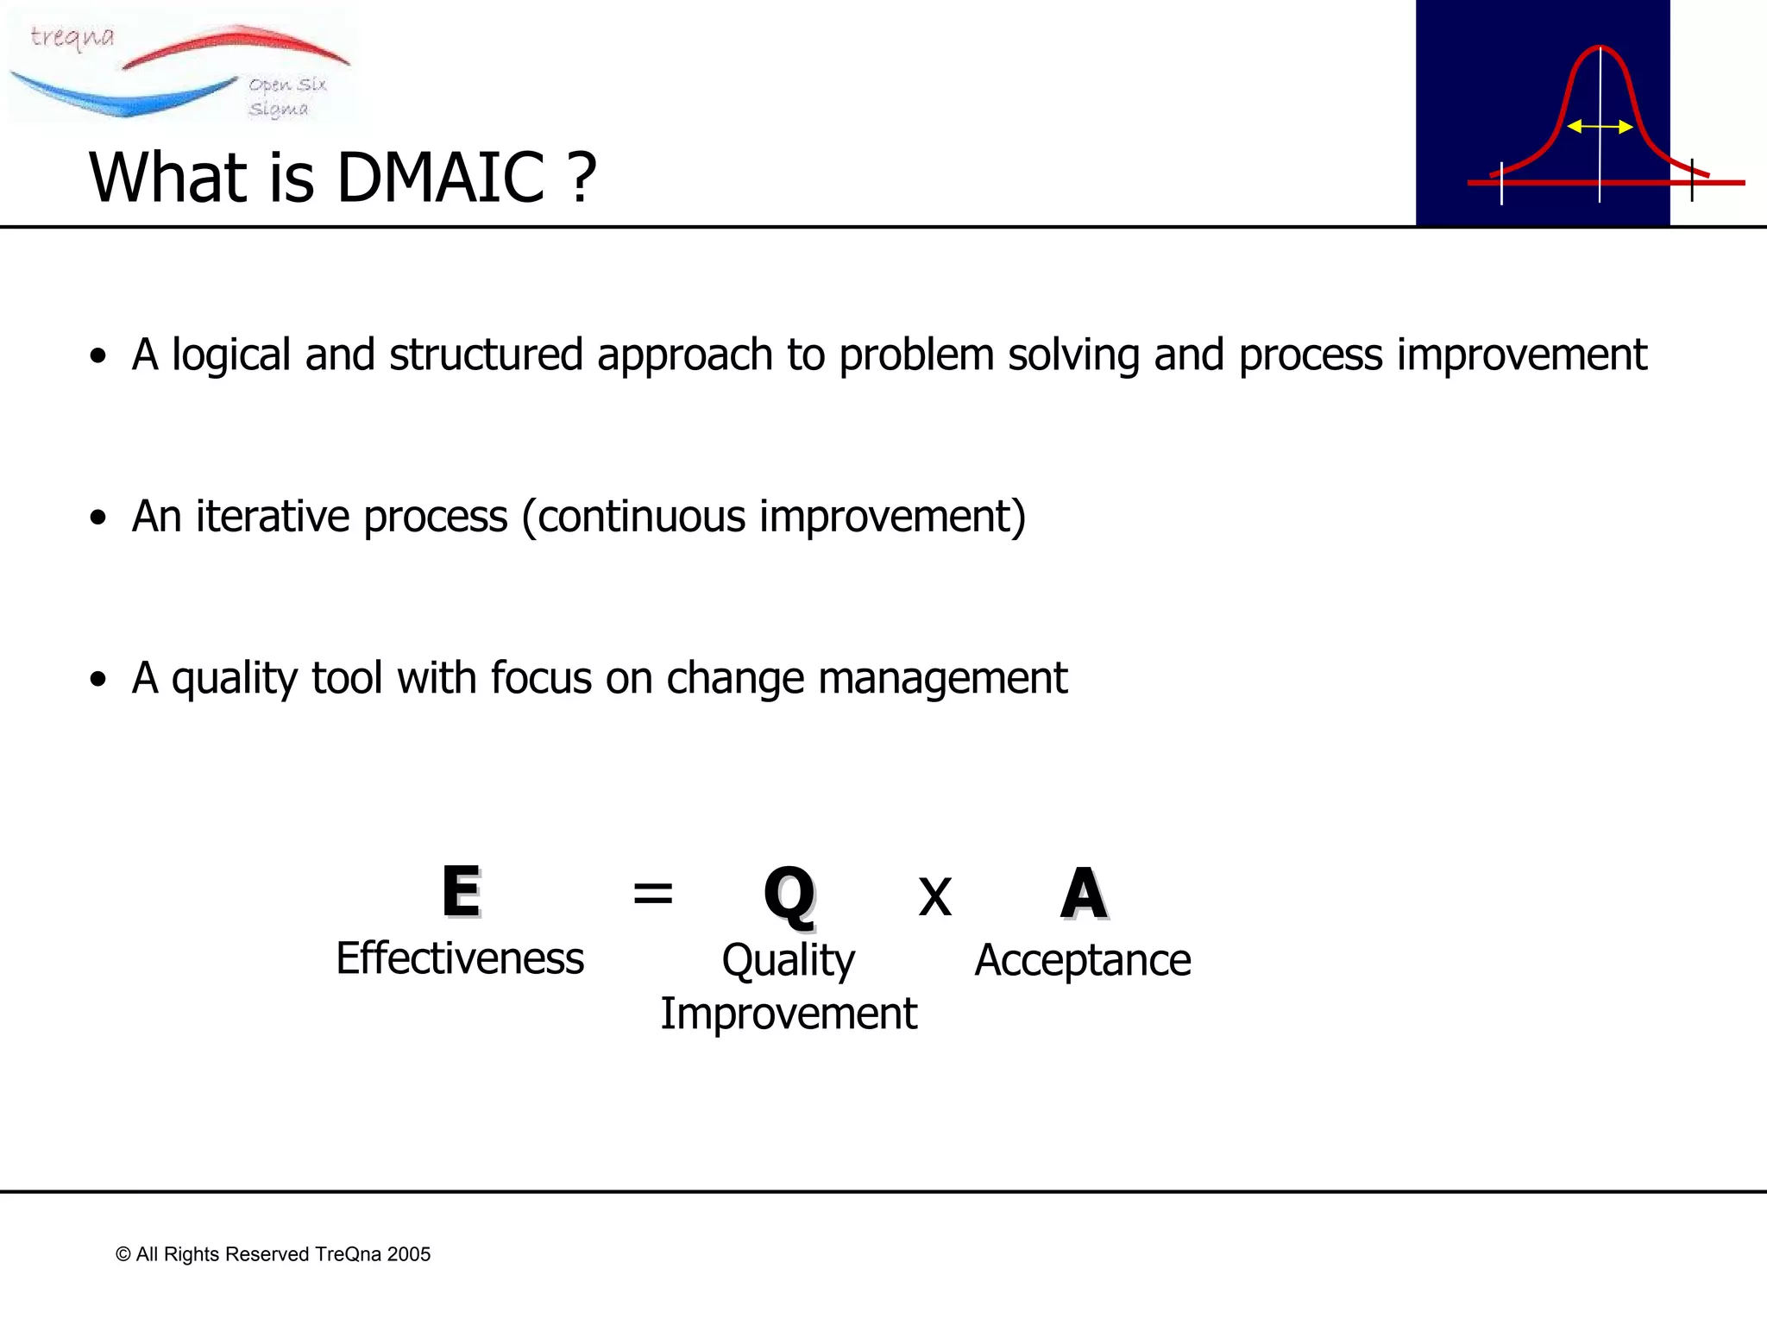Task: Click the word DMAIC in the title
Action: (440, 178)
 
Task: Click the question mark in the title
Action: (582, 178)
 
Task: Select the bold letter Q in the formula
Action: (789, 895)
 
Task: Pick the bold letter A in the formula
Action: (1083, 894)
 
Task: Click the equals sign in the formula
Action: (652, 894)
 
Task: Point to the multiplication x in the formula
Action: (934, 897)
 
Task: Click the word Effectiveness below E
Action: (460, 958)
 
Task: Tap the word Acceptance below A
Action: (1082, 960)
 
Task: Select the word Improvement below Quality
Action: (789, 1014)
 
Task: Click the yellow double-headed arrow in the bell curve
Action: (1600, 127)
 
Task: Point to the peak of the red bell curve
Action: (1600, 48)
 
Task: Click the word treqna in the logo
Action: (72, 37)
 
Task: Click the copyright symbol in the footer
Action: (123, 1254)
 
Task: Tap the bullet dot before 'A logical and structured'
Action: (98, 355)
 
